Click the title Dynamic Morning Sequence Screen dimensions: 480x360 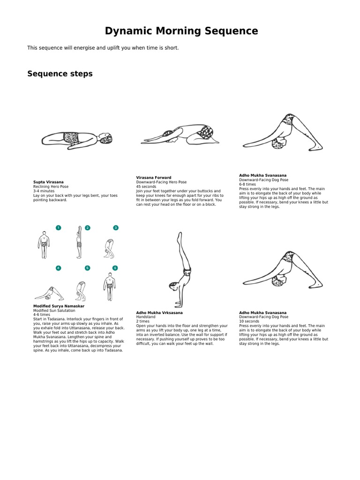point(181,31)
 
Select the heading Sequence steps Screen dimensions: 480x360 point(60,74)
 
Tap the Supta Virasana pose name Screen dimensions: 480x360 point(48,182)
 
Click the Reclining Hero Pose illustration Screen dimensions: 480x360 point(77,138)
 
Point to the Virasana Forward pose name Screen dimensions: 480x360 point(153,178)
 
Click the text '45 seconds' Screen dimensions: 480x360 point(146,187)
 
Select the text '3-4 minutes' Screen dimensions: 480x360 point(44,191)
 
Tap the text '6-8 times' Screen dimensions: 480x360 point(247,184)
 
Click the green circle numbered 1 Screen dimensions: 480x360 point(59,228)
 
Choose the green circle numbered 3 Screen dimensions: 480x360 point(116,228)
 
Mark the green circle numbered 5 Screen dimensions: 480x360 point(87,268)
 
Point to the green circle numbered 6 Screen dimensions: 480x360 point(115,268)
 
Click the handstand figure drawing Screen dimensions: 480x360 point(179,270)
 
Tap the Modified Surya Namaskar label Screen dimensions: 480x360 point(59,306)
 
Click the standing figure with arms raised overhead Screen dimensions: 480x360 point(79,242)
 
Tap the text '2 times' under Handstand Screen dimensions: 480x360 point(143,321)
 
